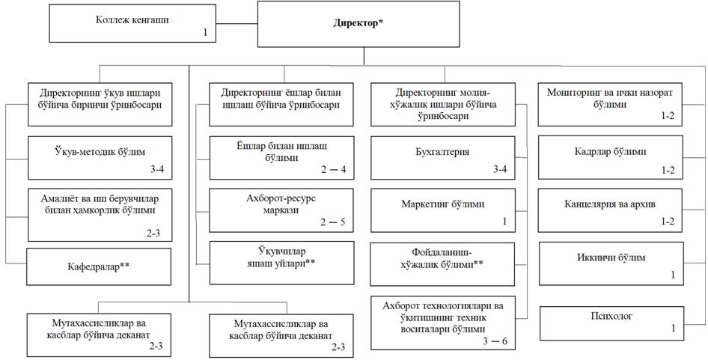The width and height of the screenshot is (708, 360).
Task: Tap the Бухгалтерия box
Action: tap(444, 157)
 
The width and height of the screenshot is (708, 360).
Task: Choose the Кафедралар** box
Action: tap(100, 267)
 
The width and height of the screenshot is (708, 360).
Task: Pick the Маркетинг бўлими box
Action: tap(444, 210)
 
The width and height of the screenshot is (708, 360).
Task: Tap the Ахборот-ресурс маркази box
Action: tap(281, 210)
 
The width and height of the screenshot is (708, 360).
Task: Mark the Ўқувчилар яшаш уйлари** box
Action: tap(281, 262)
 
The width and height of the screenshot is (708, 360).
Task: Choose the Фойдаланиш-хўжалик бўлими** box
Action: tap(444, 262)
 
